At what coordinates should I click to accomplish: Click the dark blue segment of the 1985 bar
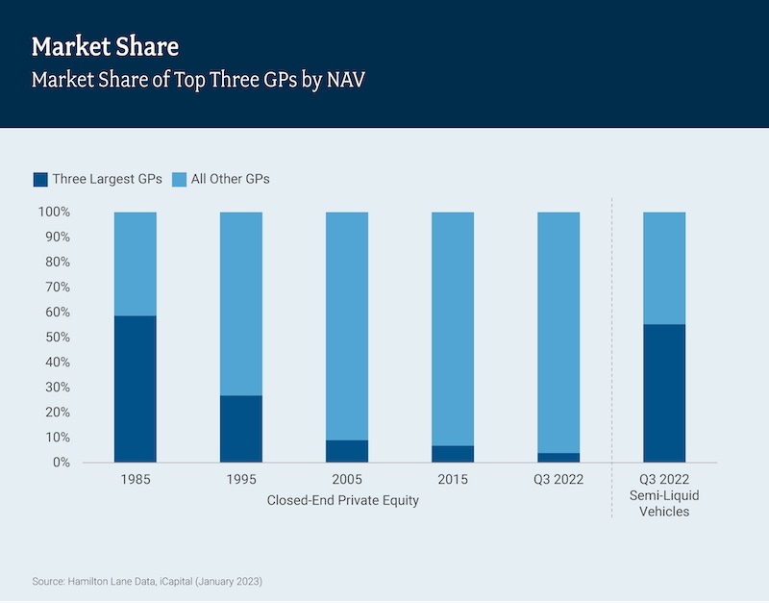pyautogui.click(x=136, y=389)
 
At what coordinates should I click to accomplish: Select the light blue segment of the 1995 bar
pyautogui.click(x=241, y=303)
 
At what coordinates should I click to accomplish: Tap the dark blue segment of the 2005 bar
pyautogui.click(x=347, y=451)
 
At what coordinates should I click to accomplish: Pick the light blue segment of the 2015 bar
pyautogui.click(x=453, y=328)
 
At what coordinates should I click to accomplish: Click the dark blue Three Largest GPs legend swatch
pyautogui.click(x=40, y=179)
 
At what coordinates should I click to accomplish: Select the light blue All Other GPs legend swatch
pyautogui.click(x=179, y=179)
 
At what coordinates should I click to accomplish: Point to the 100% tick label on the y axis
pyautogui.click(x=54, y=212)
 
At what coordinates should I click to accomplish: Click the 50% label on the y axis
pyautogui.click(x=57, y=338)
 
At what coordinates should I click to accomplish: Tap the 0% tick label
pyautogui.click(x=60, y=463)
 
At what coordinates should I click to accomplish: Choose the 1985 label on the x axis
pyautogui.click(x=136, y=479)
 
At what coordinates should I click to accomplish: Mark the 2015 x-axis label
pyautogui.click(x=453, y=479)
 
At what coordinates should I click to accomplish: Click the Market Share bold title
pyautogui.click(x=105, y=46)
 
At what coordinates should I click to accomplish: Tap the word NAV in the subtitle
pyautogui.click(x=345, y=80)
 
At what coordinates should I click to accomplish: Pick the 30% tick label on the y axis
pyautogui.click(x=57, y=388)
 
